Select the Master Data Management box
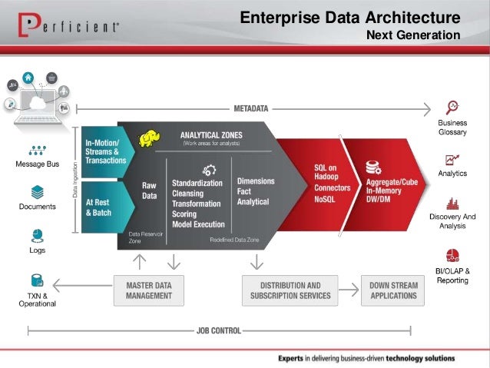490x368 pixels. [148, 290]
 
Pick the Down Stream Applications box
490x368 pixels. [393, 290]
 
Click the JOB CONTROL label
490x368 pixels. [219, 331]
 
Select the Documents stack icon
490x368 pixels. [37, 191]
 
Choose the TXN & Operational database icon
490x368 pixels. [37, 280]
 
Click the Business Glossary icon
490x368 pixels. [452, 107]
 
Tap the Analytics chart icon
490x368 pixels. [452, 160]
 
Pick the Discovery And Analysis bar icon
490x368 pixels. [452, 204]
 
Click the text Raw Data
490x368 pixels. [149, 191]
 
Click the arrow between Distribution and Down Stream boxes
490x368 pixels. [349, 290]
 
